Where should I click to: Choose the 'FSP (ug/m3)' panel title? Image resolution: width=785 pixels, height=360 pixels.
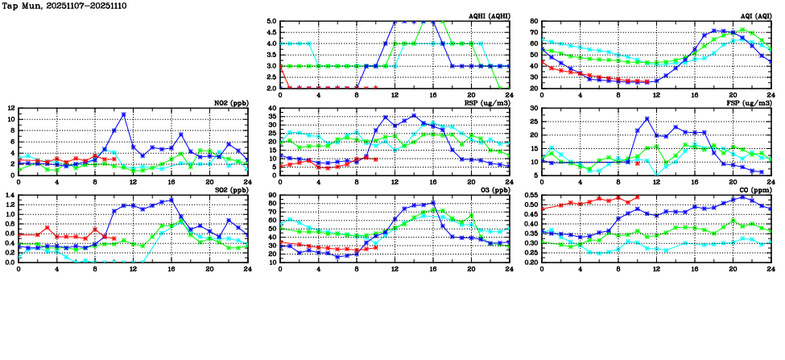tap(750, 103)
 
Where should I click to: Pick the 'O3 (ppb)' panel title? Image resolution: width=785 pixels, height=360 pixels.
tap(494, 190)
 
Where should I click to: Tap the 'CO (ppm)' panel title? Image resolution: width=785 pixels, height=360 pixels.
tap(754, 190)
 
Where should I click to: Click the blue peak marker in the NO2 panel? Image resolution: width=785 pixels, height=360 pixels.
tap(123, 114)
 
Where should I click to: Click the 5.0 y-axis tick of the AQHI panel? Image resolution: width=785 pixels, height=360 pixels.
tap(271, 22)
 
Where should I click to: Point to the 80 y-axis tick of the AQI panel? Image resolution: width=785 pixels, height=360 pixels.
tap(534, 22)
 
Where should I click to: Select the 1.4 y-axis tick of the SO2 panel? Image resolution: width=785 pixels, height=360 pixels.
tap(10, 195)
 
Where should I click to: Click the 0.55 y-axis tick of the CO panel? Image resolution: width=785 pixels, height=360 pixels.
tap(530, 195)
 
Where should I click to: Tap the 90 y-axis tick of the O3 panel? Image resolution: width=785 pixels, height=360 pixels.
tap(272, 195)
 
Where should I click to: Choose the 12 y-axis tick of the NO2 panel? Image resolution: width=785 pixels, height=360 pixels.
tap(10, 108)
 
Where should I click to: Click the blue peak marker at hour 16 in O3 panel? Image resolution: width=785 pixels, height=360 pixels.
tap(433, 203)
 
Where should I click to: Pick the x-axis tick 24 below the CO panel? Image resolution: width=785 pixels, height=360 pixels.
tap(771, 269)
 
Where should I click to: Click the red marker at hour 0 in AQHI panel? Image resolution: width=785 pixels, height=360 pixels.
tap(280, 68)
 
